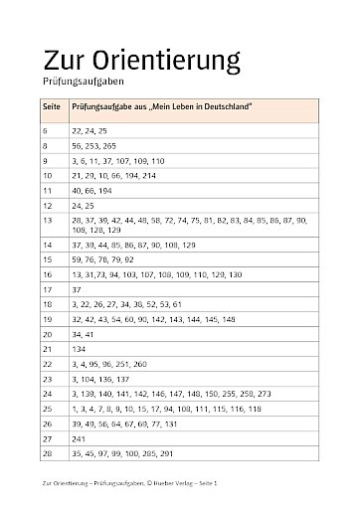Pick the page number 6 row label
(x=46, y=131)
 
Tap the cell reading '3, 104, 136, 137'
(x=99, y=380)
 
